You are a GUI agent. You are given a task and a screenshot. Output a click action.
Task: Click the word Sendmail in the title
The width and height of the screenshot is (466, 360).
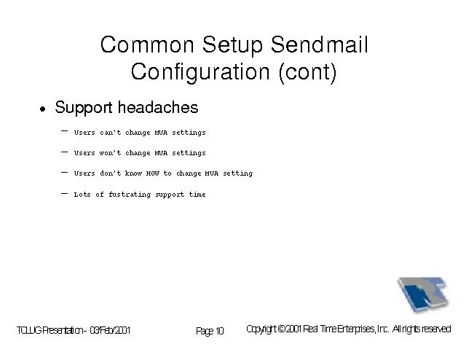319,44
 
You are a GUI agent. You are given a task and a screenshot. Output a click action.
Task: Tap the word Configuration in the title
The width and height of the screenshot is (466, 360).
200,73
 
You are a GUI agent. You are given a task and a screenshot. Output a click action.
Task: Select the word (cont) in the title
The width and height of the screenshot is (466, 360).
307,73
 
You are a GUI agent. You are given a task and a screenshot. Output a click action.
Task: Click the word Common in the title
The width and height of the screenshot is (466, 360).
147,44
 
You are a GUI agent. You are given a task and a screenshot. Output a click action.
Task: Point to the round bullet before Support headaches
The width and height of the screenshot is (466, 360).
43,109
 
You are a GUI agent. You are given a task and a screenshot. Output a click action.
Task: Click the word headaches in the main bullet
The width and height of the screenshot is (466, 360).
158,107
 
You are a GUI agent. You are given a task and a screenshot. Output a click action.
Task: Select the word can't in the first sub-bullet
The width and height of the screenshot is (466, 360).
110,133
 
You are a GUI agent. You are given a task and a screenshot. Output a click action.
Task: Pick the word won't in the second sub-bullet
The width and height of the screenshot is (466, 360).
110,153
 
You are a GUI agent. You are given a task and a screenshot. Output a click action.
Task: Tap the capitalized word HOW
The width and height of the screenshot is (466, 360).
153,173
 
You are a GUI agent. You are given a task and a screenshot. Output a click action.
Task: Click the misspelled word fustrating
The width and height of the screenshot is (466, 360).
130,195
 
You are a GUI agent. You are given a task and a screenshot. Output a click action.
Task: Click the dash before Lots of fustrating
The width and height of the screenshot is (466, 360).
64,194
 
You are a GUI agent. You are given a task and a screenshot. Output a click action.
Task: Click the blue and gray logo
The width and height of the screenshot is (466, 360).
423,294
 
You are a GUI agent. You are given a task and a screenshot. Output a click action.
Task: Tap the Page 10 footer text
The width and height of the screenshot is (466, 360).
210,331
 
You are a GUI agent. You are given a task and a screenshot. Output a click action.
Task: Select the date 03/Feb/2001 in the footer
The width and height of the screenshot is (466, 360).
110,330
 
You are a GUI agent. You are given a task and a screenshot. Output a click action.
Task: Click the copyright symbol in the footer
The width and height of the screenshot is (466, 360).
281,329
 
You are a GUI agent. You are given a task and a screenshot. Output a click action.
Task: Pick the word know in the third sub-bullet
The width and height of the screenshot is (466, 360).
133,173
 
